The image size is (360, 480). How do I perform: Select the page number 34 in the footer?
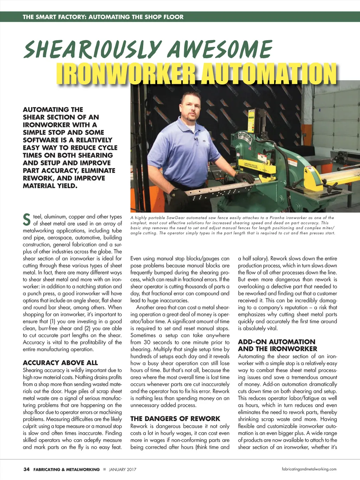[x=26, y=469]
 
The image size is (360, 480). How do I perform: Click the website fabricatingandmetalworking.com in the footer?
[x=309, y=469]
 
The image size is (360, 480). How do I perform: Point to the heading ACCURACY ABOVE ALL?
[x=60, y=363]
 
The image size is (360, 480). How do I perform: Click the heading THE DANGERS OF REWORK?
[x=175, y=418]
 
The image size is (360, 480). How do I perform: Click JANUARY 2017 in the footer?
[x=123, y=469]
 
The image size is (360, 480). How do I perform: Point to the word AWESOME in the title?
[x=220, y=50]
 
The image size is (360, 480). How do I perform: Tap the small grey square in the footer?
[x=104, y=469]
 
